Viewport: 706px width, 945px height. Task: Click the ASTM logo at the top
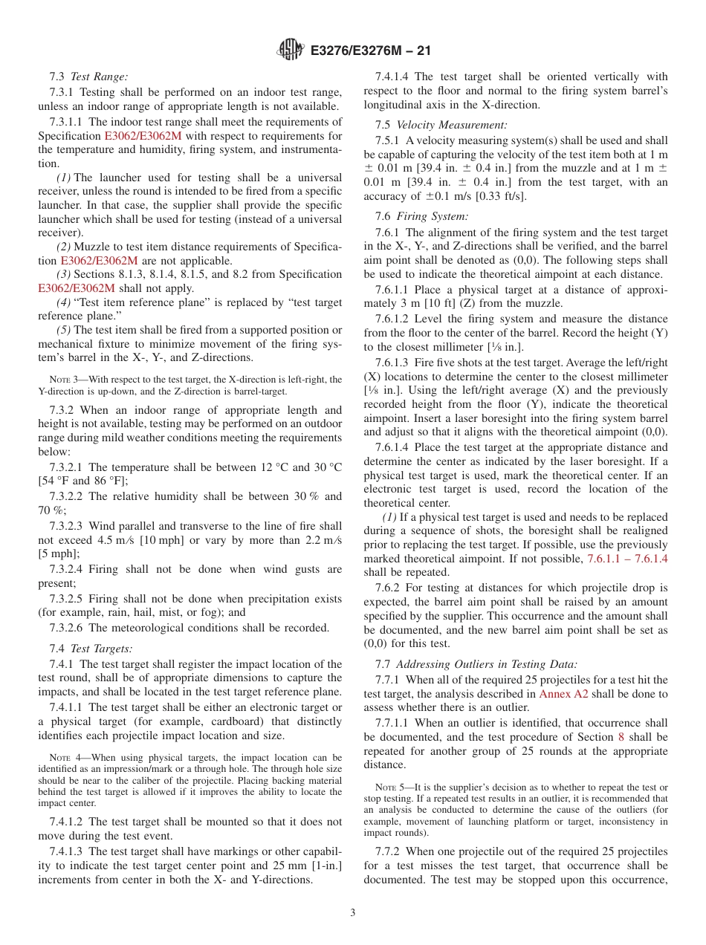(x=290, y=50)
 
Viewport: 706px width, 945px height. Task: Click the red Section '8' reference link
(x=621, y=737)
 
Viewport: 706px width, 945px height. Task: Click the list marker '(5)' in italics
(x=64, y=330)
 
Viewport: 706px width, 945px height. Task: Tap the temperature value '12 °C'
(x=272, y=467)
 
